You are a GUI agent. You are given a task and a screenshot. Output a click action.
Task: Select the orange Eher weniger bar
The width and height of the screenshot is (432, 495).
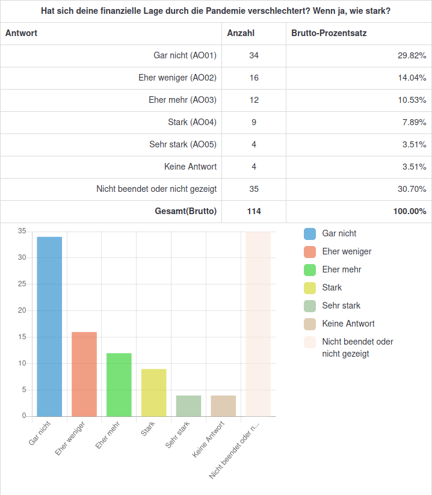point(84,374)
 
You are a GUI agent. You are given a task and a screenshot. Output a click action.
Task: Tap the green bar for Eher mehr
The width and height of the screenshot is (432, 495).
point(119,384)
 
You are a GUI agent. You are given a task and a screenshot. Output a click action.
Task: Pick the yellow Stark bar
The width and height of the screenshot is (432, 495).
point(154,392)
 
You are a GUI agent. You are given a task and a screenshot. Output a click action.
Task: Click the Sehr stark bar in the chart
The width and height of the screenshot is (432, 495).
point(188,405)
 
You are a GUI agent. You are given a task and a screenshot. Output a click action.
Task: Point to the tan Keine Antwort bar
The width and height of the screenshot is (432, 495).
point(223,405)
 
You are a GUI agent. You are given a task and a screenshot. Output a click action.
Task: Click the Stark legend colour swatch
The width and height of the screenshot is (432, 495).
point(310,288)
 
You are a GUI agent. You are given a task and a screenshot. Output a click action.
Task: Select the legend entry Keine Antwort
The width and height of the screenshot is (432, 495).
point(348,324)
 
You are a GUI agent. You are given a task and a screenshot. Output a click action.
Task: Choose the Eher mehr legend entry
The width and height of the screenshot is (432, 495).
point(342,269)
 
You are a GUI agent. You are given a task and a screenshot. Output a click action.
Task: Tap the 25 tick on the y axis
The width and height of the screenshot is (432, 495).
point(22,284)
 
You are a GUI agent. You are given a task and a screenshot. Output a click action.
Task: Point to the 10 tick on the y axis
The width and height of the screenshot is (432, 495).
point(22,363)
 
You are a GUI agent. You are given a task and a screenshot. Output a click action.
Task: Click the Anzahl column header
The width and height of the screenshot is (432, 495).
point(241,33)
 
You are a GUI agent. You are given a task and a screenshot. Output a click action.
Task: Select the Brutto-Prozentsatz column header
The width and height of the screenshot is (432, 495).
point(329,33)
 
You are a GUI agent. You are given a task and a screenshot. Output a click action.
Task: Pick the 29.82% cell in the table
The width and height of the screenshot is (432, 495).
point(412,55)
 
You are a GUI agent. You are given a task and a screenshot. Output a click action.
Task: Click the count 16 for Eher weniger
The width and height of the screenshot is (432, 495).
point(254,78)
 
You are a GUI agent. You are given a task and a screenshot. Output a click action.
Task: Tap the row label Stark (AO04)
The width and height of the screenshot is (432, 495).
point(193,122)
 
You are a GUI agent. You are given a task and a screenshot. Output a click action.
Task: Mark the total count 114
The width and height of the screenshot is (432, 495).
point(254,211)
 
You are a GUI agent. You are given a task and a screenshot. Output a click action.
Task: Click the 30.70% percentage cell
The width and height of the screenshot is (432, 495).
point(412,189)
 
